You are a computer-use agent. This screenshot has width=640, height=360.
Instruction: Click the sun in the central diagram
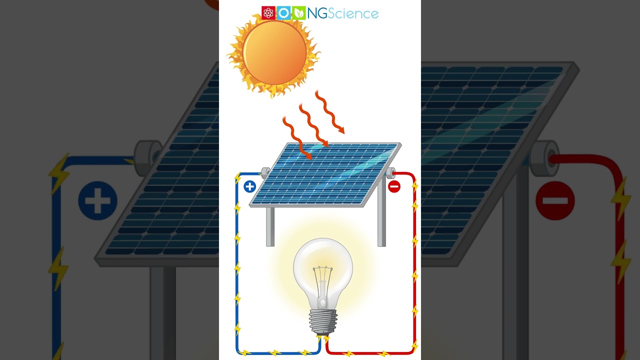(274, 52)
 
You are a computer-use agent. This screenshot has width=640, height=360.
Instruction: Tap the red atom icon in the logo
(268, 13)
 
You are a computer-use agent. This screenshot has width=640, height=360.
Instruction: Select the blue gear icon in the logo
(283, 13)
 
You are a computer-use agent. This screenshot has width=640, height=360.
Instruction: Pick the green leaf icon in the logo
(298, 13)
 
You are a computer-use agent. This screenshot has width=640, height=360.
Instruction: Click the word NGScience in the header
(342, 13)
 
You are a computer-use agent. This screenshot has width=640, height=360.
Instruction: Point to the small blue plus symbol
(249, 187)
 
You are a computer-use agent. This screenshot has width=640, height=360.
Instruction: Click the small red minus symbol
(394, 187)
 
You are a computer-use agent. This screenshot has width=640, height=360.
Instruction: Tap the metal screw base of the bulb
(323, 321)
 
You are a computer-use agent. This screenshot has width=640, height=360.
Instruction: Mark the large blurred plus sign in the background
(97, 201)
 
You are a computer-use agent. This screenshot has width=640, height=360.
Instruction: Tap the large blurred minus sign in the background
(555, 201)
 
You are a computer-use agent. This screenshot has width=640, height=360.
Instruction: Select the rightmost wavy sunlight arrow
(329, 112)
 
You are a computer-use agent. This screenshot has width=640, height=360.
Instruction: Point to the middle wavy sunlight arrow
(313, 125)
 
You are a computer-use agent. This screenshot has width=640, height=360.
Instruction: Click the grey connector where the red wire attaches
(390, 173)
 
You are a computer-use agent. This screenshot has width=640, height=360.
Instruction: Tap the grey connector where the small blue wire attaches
(265, 173)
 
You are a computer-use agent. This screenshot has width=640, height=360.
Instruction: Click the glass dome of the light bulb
(323, 262)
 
